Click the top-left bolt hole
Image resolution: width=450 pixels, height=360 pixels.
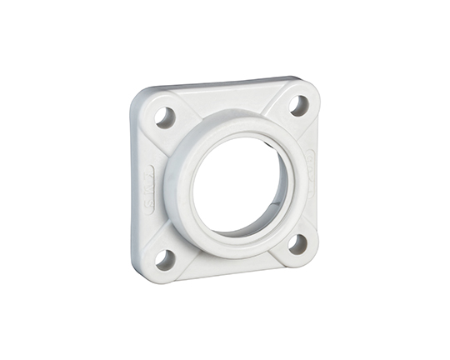tap(166, 117)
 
